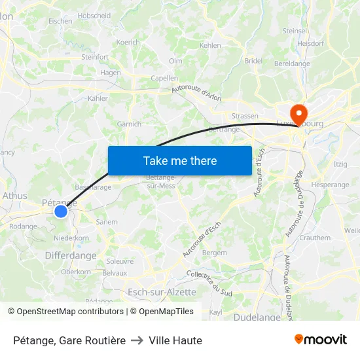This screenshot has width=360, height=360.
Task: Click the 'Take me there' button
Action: (180, 160)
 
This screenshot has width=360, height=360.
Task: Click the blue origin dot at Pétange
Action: (61, 211)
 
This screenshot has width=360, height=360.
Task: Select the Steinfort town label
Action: (95, 57)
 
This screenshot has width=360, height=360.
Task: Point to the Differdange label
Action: (71, 256)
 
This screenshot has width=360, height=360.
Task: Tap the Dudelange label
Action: (257, 317)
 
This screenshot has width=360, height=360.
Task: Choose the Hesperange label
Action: (331, 185)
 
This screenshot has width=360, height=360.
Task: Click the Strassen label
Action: (245, 117)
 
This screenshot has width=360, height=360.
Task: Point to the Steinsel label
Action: (295, 31)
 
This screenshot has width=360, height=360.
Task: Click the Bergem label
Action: (215, 253)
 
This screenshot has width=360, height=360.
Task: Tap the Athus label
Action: (15, 195)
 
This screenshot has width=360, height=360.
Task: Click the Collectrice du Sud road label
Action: (209, 282)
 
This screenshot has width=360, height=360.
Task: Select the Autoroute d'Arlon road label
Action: (196, 94)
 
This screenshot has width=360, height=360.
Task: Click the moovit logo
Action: (321, 340)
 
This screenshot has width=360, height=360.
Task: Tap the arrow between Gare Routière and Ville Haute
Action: (137, 340)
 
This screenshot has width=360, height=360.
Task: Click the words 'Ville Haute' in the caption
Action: (175, 340)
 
